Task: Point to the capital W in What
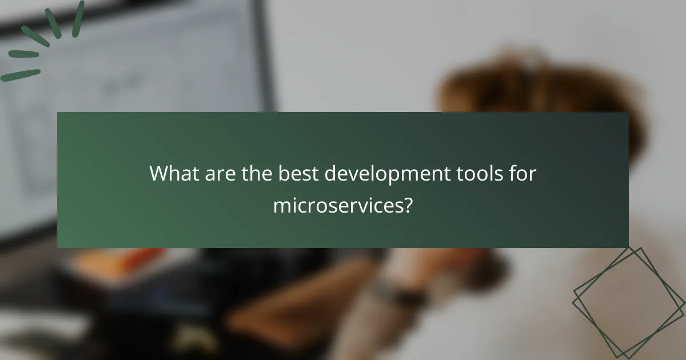click(158, 174)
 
